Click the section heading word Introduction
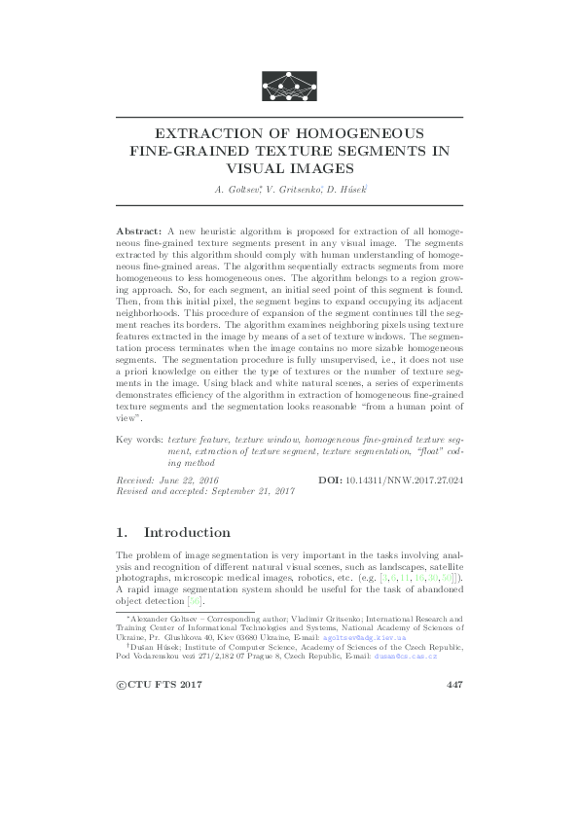tap(187, 533)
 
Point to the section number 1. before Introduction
tap(122, 533)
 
